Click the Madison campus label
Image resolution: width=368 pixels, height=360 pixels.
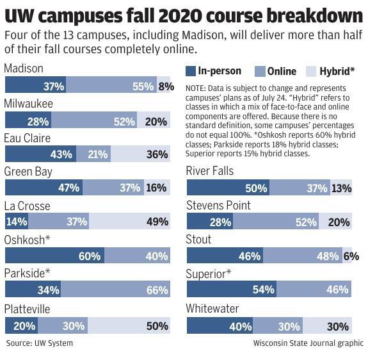pyautogui.click(x=24, y=69)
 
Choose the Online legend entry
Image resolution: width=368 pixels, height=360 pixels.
pyautogui.click(x=275, y=71)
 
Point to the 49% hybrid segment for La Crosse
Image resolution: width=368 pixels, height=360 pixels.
pyautogui.click(x=130, y=222)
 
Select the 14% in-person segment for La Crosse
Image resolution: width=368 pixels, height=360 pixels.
pyautogui.click(x=16, y=222)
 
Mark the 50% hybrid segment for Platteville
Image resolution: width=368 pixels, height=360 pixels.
pyautogui.click(x=131, y=325)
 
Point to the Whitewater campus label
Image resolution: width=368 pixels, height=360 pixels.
pyautogui.click(x=212, y=309)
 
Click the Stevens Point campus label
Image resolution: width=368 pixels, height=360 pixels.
pyautogui.click(x=218, y=206)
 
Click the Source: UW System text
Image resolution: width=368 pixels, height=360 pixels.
pyautogui.click(x=40, y=343)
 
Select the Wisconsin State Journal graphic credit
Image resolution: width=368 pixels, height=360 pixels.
pyautogui.click(x=308, y=343)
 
